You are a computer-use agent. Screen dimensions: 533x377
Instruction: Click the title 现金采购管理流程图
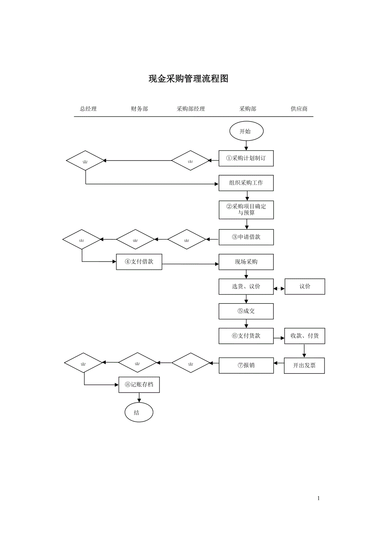tap(188, 79)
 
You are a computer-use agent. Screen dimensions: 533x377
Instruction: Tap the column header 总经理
tap(88, 109)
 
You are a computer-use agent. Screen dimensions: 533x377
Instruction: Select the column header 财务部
tap(139, 109)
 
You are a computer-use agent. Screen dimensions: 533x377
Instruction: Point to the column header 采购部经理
tap(191, 109)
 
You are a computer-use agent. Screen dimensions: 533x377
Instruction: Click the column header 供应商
tap(299, 109)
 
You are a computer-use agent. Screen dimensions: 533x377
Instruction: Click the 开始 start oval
tap(245, 131)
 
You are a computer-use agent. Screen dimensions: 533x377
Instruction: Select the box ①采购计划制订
tap(246, 158)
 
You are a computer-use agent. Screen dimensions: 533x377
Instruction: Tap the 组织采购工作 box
tap(246, 183)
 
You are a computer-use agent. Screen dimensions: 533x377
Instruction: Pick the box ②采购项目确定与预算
tap(246, 210)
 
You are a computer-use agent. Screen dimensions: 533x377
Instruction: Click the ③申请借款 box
tap(246, 237)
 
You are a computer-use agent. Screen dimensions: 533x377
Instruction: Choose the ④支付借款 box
tap(139, 262)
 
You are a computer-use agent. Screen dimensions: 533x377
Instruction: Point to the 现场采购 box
tap(246, 262)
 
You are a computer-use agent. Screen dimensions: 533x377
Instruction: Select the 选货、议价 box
tap(246, 287)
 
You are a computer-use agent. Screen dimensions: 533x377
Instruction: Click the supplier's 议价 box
tap(305, 287)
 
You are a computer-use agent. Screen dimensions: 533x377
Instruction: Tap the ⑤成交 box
tap(246, 311)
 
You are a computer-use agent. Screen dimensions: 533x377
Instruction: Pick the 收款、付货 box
tap(305, 336)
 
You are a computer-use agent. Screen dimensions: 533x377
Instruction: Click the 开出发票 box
tap(304, 366)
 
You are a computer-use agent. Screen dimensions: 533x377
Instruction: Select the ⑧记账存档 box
tap(139, 385)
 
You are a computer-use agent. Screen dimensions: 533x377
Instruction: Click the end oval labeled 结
tap(139, 413)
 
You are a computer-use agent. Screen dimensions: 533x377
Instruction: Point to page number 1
tap(318, 498)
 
